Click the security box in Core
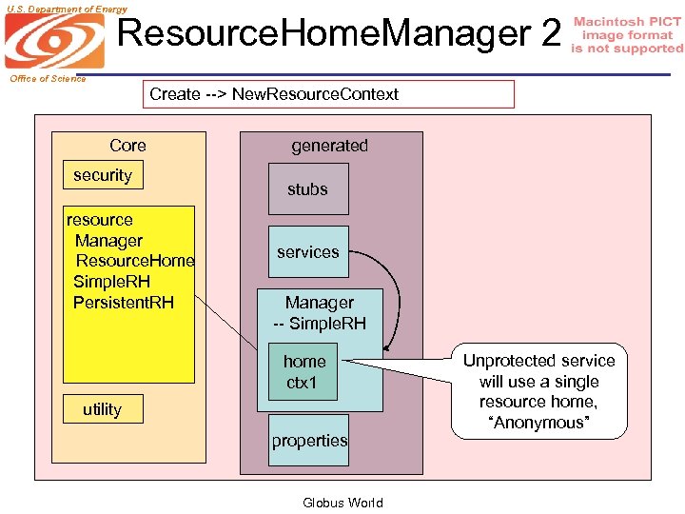click(x=103, y=175)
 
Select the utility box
click(x=102, y=409)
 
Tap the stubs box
click(x=308, y=189)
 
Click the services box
click(x=308, y=252)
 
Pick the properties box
click(x=309, y=441)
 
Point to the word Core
click(x=127, y=146)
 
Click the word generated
click(x=329, y=146)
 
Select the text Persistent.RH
click(x=124, y=303)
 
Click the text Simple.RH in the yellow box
click(x=111, y=282)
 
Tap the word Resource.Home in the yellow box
click(x=135, y=261)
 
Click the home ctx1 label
click(x=304, y=372)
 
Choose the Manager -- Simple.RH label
click(x=320, y=313)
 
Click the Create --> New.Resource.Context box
click(x=328, y=94)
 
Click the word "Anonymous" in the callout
click(x=538, y=423)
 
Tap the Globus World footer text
click(x=342, y=503)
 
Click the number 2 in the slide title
click(x=550, y=34)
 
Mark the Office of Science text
click(x=48, y=79)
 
